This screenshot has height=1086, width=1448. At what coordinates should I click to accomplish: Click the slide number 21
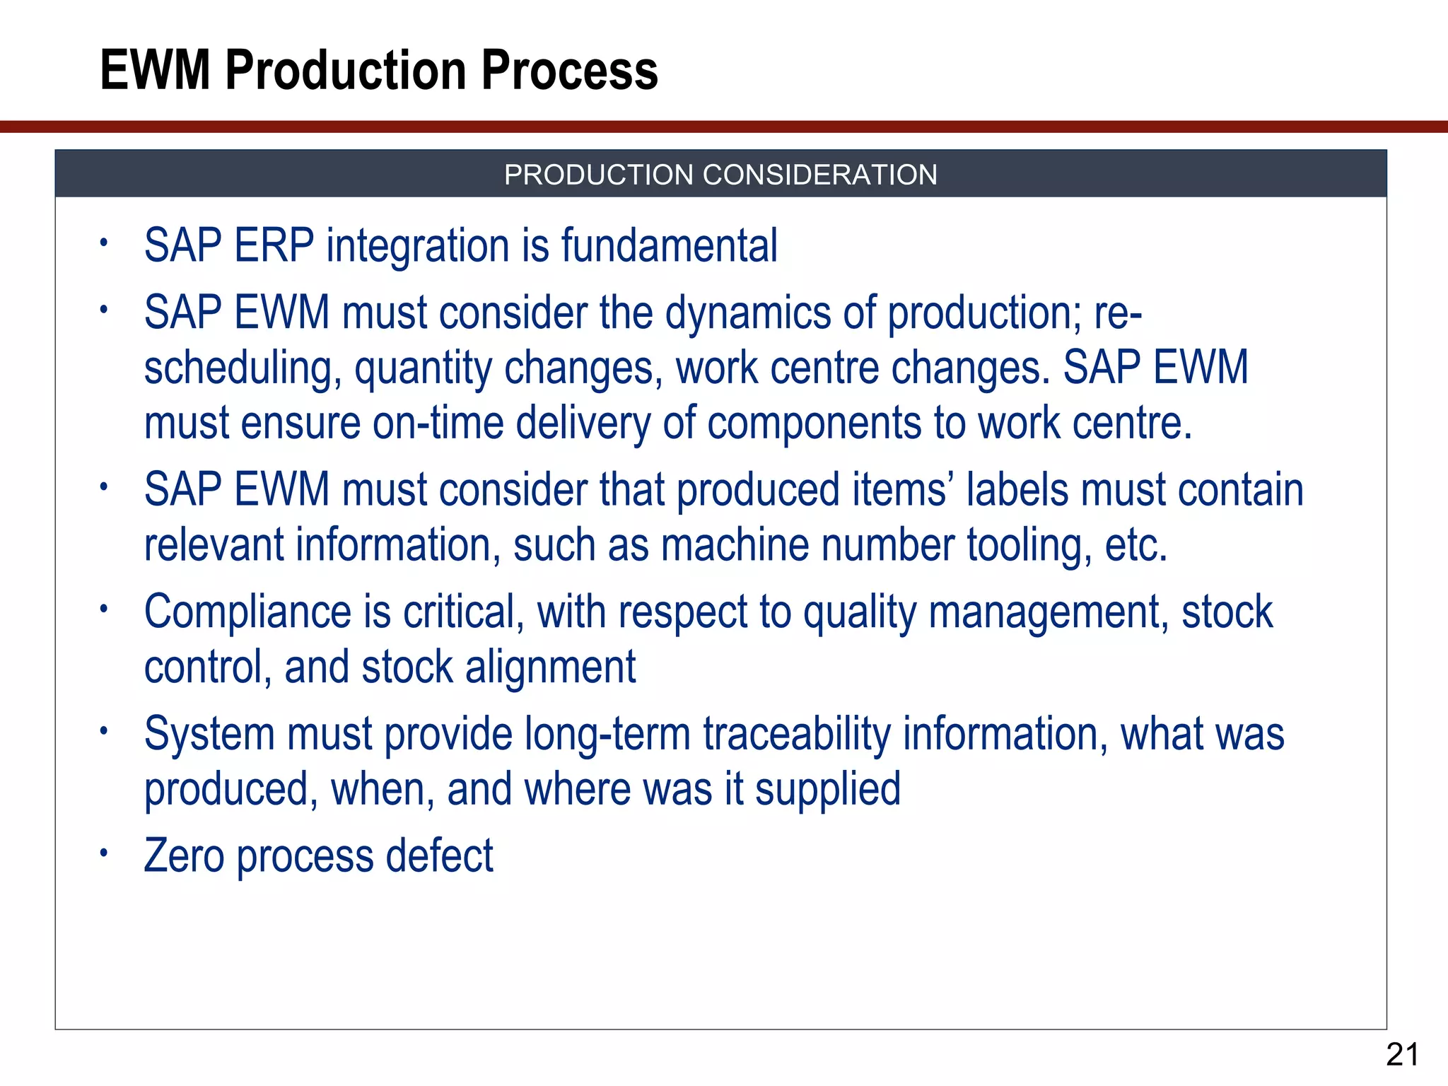1402,1055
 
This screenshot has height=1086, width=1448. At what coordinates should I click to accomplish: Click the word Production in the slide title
346,71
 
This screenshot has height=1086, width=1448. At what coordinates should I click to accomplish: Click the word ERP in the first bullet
274,246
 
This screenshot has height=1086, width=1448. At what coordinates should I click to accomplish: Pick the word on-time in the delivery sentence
438,424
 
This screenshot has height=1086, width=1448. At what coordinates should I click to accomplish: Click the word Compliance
247,612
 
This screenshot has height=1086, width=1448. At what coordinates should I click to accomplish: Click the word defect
439,856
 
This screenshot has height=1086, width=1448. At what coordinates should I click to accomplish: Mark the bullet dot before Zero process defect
103,853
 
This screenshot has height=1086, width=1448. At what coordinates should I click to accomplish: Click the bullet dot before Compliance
103,609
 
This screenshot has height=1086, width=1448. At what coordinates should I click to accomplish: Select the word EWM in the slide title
155,71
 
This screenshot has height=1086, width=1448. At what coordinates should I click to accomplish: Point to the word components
814,424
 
